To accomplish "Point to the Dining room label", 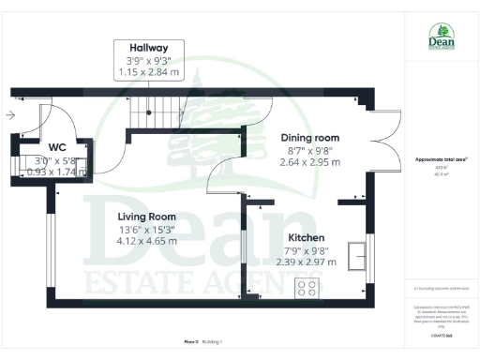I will [x=310, y=137].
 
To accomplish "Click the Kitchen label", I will [x=307, y=237].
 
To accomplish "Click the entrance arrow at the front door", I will [x=9, y=116].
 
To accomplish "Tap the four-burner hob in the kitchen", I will [x=307, y=290].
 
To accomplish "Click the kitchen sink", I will [x=357, y=255].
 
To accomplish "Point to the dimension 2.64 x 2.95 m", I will [x=310, y=161].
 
